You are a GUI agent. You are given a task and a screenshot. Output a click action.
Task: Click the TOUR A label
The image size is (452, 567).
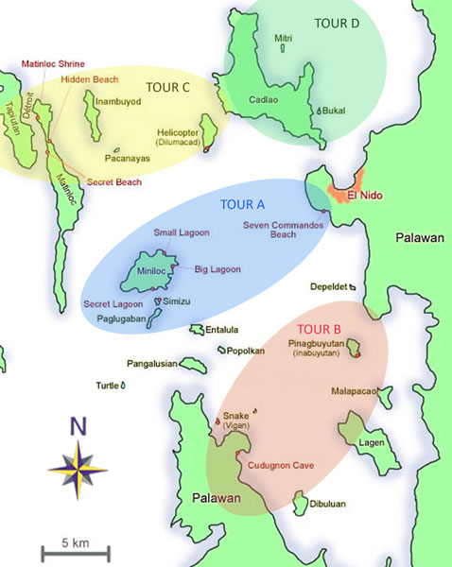coord(242,204)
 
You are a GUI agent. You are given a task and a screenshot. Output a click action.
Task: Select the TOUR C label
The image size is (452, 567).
coord(168,87)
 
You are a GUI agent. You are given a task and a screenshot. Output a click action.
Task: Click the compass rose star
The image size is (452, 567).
coord(78,464)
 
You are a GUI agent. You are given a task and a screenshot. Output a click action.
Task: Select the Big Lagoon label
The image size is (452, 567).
coord(217,269)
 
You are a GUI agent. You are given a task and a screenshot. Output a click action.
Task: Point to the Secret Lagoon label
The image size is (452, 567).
coord(112,304)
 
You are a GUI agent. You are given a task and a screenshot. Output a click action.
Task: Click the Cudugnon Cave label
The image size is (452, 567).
coord(280,465)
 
